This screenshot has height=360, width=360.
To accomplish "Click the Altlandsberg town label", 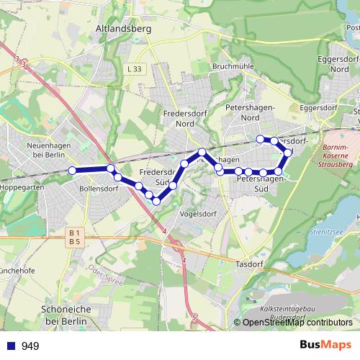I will point(122,30).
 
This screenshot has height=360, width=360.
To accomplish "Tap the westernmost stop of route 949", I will point(72,170).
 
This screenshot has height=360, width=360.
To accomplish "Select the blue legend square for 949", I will point(10,346).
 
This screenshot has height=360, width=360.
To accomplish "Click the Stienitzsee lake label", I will point(341,232).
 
